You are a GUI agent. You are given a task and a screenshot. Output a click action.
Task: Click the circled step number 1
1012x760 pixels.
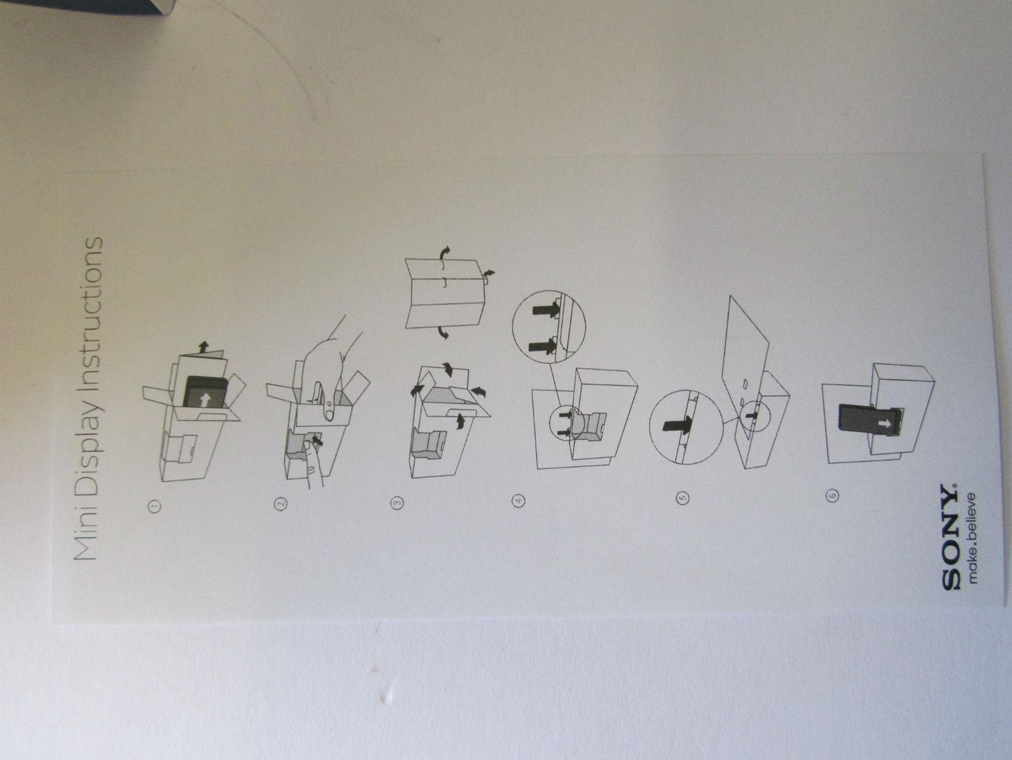(x=155, y=505)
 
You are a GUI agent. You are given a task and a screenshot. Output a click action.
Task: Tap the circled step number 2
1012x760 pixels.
(x=281, y=503)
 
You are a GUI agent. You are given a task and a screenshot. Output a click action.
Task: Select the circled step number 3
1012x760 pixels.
(x=396, y=501)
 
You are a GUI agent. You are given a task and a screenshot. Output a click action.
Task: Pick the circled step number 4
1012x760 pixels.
(x=519, y=500)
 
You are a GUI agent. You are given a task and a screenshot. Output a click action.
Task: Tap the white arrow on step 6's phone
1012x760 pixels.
(x=887, y=424)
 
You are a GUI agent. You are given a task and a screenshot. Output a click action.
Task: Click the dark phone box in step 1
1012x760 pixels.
(x=207, y=392)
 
